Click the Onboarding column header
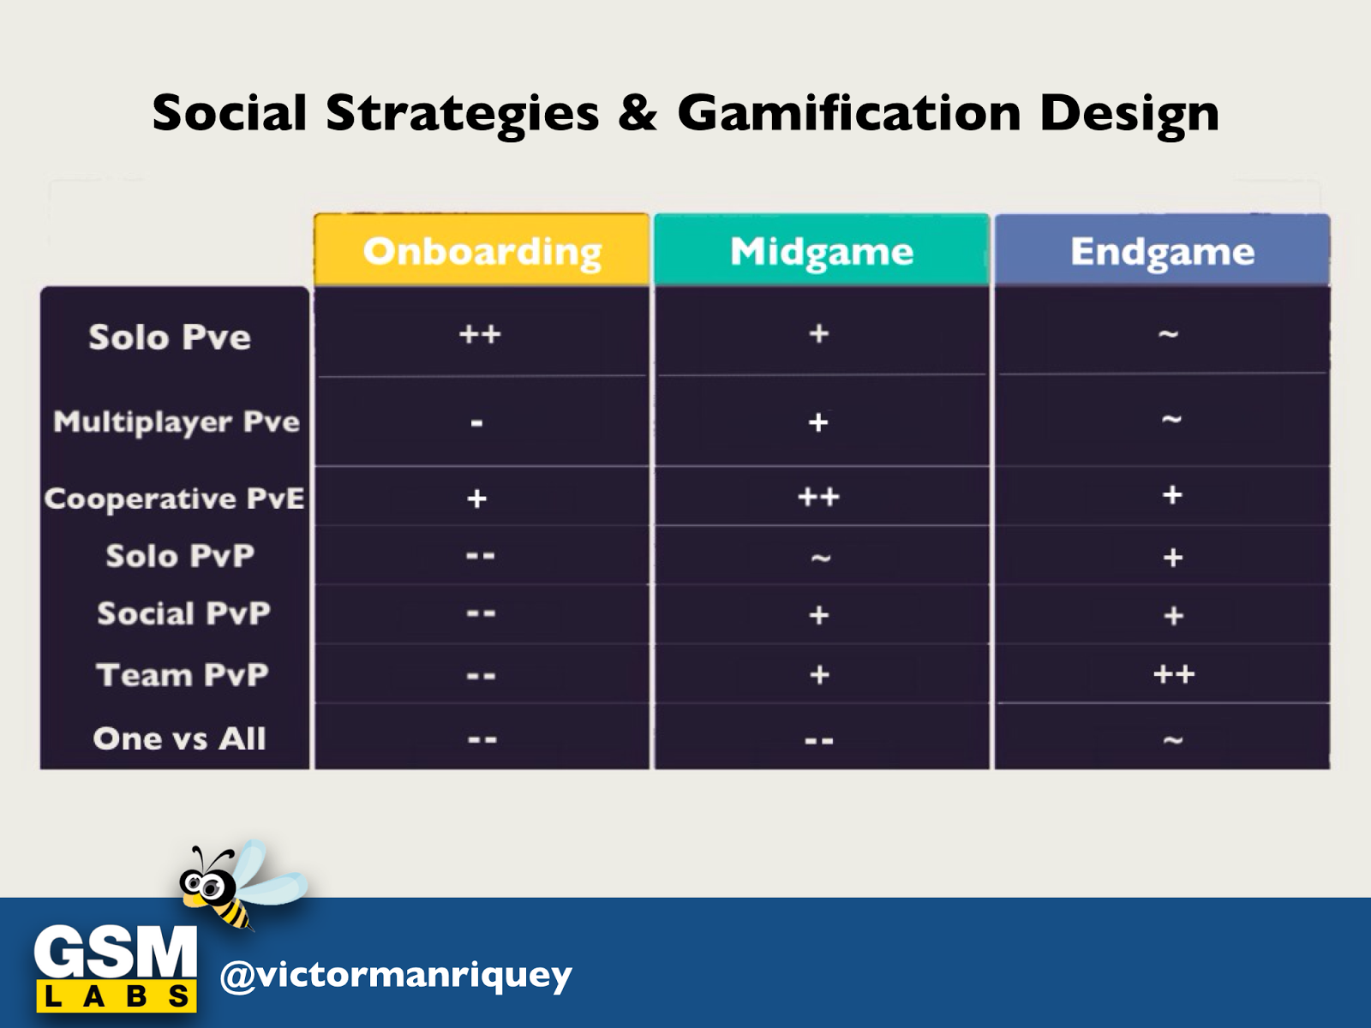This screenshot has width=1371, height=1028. pyautogui.click(x=482, y=250)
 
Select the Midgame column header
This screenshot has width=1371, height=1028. pyautogui.click(x=822, y=250)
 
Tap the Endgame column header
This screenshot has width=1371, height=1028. pyautogui.click(x=1163, y=250)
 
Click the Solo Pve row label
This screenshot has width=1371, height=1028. pyautogui.click(x=170, y=337)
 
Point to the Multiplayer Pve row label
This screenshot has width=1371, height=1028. pyautogui.click(x=177, y=422)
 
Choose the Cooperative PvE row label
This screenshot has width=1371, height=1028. pyautogui.click(x=174, y=499)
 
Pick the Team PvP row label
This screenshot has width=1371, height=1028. pyautogui.click(x=182, y=675)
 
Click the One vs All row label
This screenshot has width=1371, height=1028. pyautogui.click(x=179, y=738)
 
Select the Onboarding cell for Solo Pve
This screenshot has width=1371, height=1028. pyautogui.click(x=482, y=332)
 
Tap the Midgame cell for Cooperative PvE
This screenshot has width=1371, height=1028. pyautogui.click(x=822, y=496)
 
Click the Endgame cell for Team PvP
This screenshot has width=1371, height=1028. pyautogui.click(x=1163, y=673)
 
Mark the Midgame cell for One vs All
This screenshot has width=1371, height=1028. pyautogui.click(x=822, y=737)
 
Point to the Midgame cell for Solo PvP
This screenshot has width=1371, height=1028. pyautogui.click(x=822, y=555)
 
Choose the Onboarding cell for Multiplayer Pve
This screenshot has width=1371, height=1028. pyautogui.click(x=482, y=421)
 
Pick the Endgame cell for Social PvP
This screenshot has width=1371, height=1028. pyautogui.click(x=1163, y=615)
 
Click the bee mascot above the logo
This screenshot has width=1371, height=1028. pyautogui.click(x=241, y=884)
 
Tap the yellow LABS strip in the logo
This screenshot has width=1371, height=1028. pyautogui.click(x=117, y=995)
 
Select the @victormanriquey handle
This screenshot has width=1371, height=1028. pyautogui.click(x=396, y=975)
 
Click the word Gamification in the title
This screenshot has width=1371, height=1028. pyautogui.click(x=849, y=114)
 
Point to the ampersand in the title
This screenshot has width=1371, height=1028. pyautogui.click(x=638, y=113)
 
